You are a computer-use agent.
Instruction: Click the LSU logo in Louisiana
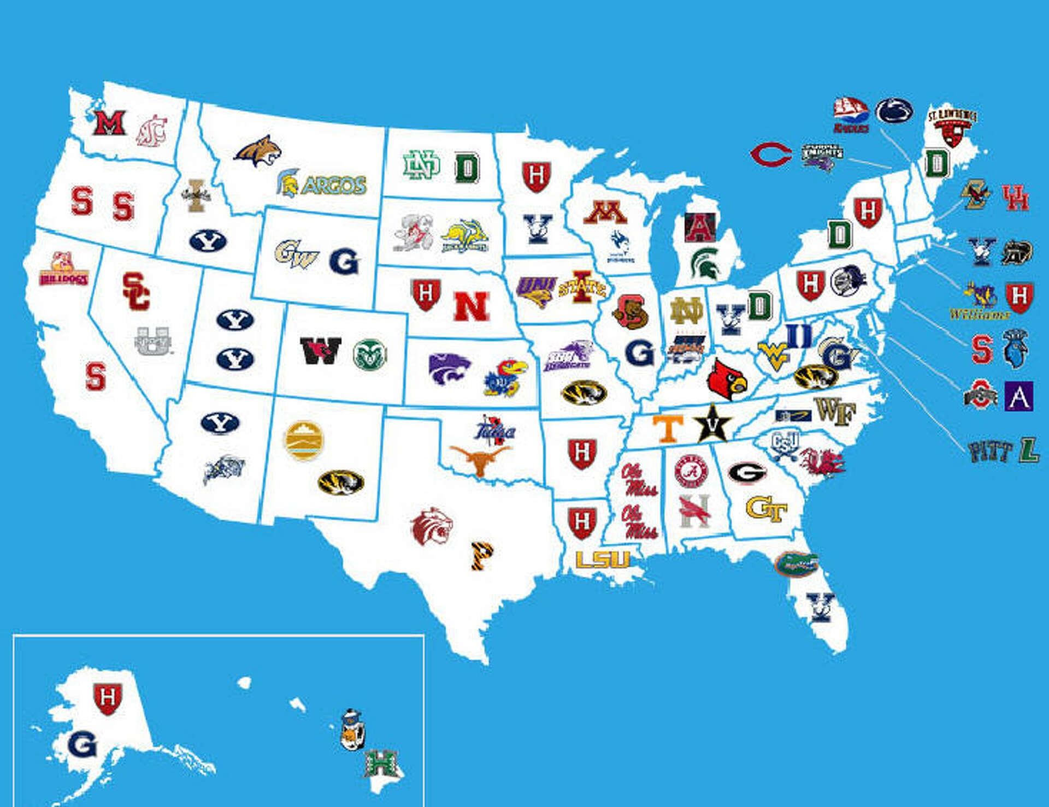(x=603, y=559)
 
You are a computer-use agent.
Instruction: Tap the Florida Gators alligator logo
(x=796, y=564)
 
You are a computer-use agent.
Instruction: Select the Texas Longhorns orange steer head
(x=479, y=460)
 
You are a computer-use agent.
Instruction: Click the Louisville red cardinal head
(x=726, y=378)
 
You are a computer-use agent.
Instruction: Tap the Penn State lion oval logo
(x=894, y=111)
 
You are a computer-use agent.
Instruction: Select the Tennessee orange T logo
(x=668, y=428)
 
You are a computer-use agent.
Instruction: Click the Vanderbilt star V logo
(x=712, y=424)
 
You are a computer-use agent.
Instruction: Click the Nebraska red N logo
(x=471, y=306)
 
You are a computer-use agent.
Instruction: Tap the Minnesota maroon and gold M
(x=605, y=212)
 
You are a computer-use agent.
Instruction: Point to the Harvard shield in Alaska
(x=108, y=698)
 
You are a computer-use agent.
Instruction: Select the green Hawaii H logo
(x=381, y=763)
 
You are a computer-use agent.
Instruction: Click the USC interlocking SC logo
(x=135, y=290)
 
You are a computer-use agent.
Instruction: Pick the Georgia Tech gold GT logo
(x=766, y=509)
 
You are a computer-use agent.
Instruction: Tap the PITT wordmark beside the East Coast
(x=989, y=452)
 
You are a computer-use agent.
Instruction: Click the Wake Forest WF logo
(x=835, y=411)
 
